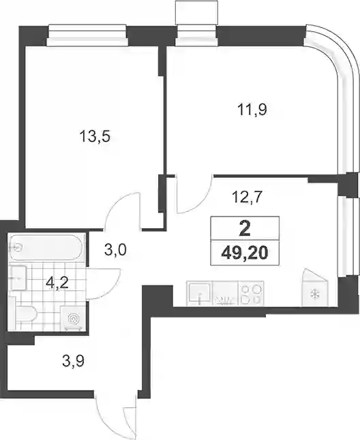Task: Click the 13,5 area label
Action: (95, 137)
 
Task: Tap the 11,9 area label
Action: (252, 110)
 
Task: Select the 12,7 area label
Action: (247, 198)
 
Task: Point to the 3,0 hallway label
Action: (115, 249)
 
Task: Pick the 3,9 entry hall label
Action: (74, 360)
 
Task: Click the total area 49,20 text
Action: (245, 253)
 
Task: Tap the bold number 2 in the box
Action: (245, 230)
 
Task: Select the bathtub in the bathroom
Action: (46, 247)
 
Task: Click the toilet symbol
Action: (25, 315)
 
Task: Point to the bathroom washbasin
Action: (18, 278)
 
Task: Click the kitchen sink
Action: (199, 293)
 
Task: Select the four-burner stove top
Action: (251, 294)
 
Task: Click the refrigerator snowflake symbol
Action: (314, 294)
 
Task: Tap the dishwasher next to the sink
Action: (226, 294)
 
